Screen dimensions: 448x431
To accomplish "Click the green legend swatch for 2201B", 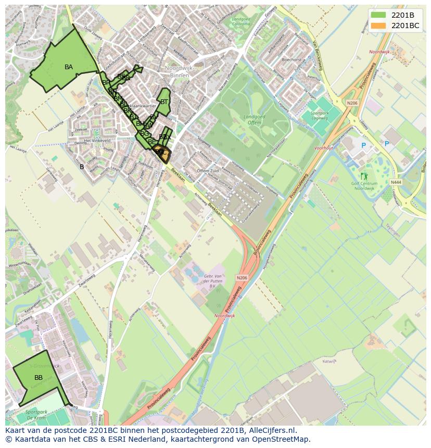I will coord(378,15).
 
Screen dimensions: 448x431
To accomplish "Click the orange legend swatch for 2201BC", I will coord(378,25).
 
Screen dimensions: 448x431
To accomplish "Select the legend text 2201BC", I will coord(405,25).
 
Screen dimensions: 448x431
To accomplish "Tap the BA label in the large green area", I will coord(69,67).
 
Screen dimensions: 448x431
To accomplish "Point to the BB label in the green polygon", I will coord(39,377).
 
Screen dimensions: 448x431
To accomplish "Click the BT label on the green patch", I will coord(164,102).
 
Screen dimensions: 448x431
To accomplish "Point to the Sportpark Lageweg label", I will coord(319,116).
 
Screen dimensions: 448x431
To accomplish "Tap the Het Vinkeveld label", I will coord(97,140).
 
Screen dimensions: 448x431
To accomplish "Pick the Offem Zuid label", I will coord(208,171).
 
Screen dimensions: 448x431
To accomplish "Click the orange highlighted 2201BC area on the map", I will coord(162,153).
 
